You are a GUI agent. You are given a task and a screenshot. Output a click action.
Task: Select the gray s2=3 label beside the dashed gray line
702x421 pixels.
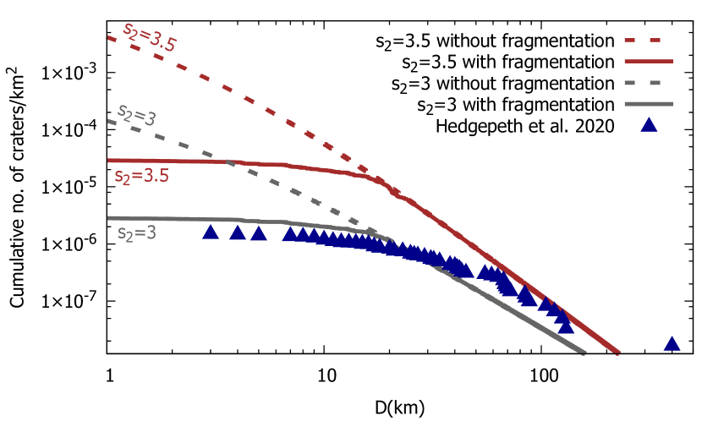pyautogui.click(x=136, y=114)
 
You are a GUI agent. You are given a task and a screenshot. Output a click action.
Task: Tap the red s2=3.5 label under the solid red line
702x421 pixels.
pyautogui.click(x=141, y=176)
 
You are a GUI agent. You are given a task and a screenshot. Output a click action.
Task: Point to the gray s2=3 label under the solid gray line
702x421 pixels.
pyautogui.click(x=137, y=232)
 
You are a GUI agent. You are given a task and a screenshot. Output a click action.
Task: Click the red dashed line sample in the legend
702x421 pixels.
pyautogui.click(x=643, y=40)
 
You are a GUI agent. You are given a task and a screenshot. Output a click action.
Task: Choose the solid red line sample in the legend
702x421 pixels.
pyautogui.click(x=648, y=61)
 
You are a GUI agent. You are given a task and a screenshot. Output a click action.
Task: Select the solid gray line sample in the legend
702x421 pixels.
pyautogui.click(x=648, y=104)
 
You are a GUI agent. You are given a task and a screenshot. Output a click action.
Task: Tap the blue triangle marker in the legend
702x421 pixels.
pyautogui.click(x=649, y=125)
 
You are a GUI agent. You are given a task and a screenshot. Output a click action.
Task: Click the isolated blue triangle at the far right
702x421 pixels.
pyautogui.click(x=672, y=344)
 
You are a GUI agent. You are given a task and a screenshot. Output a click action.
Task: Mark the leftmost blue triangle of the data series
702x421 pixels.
pyautogui.click(x=211, y=232)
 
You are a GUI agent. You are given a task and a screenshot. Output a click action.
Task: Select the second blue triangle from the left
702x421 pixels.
pyautogui.click(x=238, y=232)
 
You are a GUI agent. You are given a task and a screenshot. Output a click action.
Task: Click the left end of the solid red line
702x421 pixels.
pyautogui.click(x=109, y=160)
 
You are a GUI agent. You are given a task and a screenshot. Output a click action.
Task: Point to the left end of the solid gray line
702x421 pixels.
pyautogui.click(x=109, y=217)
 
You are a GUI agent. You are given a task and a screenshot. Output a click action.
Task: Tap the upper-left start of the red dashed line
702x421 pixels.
pyautogui.click(x=109, y=37)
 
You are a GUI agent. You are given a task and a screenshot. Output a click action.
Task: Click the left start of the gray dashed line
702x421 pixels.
pyautogui.click(x=109, y=121)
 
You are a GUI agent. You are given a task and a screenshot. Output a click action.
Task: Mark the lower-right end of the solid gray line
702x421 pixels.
pyautogui.click(x=584, y=352)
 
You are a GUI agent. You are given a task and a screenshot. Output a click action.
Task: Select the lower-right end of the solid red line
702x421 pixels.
pyautogui.click(x=618, y=352)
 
